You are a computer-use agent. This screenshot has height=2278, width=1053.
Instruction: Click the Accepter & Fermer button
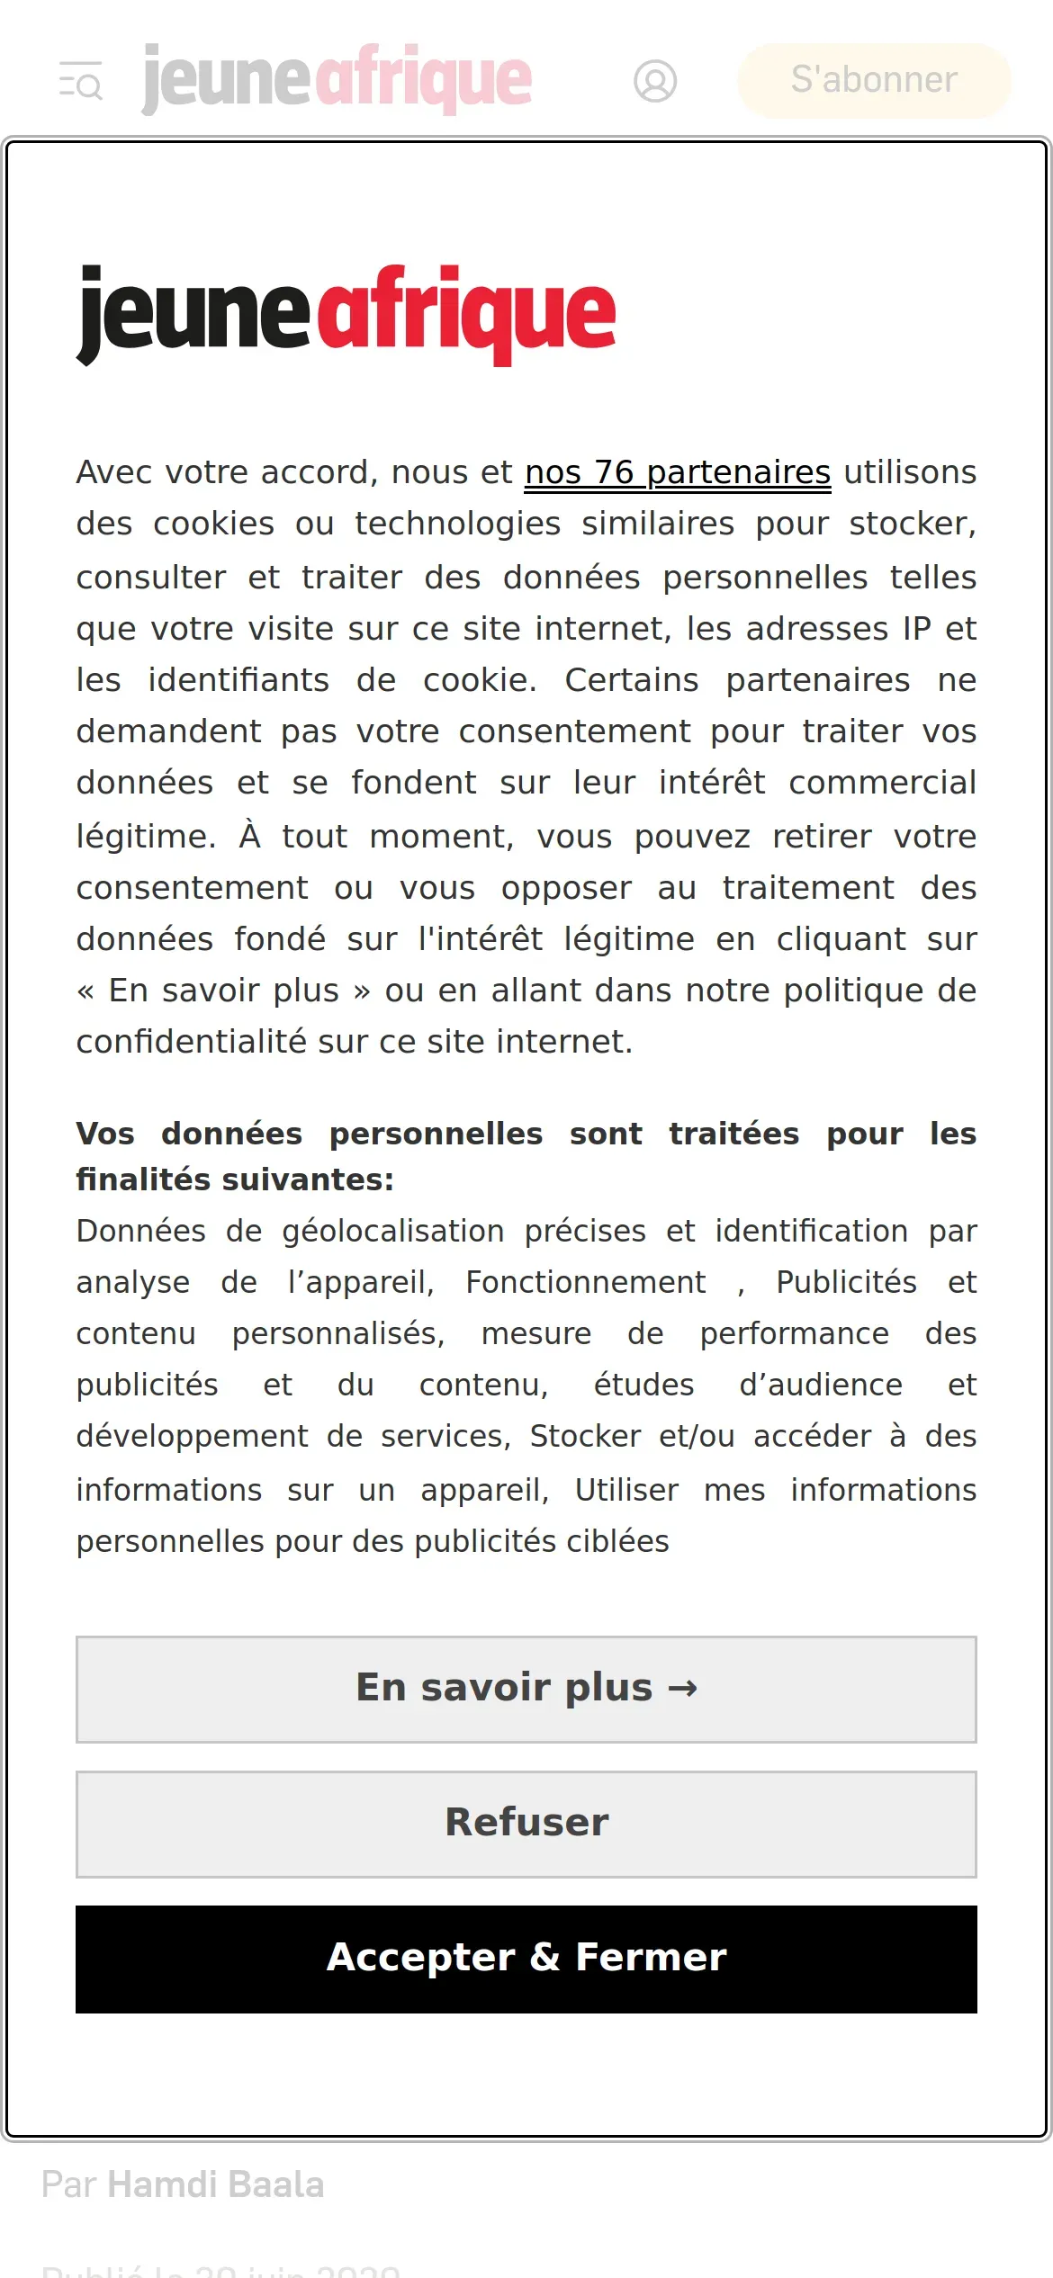point(526,1959)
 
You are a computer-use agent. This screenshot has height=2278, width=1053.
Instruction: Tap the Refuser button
point(526,1824)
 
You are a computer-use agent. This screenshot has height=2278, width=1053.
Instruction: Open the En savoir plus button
point(526,1689)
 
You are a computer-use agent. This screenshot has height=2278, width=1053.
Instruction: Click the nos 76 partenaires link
point(677,472)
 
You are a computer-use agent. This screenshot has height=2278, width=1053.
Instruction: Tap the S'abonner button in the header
point(874,80)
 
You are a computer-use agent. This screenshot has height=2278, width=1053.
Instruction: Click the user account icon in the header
point(655,81)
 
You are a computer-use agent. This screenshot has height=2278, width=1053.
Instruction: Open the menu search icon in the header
point(81,81)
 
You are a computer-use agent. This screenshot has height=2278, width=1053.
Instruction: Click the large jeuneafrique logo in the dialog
point(346,314)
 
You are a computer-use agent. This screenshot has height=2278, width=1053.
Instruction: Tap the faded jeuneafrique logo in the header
point(337,79)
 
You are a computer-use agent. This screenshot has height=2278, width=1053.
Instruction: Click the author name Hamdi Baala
point(216,2184)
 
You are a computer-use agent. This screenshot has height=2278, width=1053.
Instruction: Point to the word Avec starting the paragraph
point(114,472)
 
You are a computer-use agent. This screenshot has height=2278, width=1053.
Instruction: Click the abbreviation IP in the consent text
point(917,629)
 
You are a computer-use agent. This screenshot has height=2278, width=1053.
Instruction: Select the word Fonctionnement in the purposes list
point(586,1282)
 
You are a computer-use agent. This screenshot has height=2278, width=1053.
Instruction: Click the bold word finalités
point(144,1179)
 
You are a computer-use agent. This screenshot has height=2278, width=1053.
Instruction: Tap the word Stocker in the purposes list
point(585,1436)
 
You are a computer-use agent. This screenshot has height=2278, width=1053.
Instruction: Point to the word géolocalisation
point(392,1231)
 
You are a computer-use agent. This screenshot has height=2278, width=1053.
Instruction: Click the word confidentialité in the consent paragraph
point(192,1042)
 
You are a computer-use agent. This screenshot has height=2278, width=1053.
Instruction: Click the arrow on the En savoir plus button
point(682,1689)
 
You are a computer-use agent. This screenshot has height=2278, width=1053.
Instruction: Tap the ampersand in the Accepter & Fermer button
point(545,1959)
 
